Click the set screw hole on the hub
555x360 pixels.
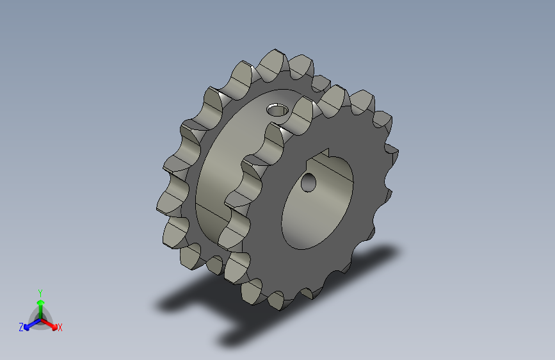pos(277,110)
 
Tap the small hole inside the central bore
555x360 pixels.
pos(309,183)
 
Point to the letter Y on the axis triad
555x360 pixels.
pos(40,293)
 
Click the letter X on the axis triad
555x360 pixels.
pos(60,328)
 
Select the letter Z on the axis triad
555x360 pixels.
pos(21,327)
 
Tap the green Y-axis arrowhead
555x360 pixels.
pos(41,303)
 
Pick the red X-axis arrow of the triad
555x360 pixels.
pos(49,324)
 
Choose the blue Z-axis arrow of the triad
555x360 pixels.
pos(32,325)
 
